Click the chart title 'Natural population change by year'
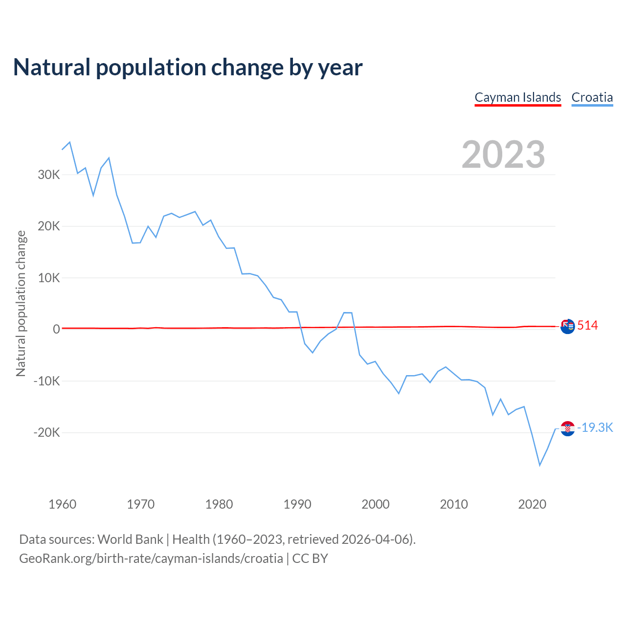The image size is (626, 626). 188,67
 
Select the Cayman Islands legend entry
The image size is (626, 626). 518,97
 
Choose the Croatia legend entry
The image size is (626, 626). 592,97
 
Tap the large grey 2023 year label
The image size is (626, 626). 503,155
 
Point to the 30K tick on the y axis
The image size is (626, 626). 49,175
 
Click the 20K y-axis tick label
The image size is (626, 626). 49,226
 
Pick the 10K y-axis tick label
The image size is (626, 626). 49,278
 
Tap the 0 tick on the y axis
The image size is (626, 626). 56,330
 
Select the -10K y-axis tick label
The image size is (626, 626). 47,381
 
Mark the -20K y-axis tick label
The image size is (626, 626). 47,433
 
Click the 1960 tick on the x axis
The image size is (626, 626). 63,504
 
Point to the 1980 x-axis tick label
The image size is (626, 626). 219,504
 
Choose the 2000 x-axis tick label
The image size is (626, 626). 376,504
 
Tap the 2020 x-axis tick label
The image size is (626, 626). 532,504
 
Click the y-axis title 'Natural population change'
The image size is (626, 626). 21,304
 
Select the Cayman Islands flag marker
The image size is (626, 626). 567,326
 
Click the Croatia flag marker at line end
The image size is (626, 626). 567,428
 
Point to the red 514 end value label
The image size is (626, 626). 587,326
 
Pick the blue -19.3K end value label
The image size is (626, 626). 595,428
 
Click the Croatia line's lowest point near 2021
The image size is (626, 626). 540,465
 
